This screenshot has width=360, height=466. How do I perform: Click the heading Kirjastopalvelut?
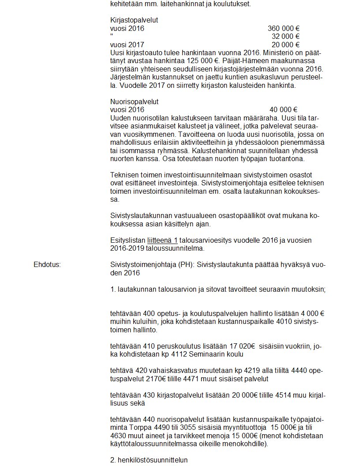pyautogui.click(x=134, y=20)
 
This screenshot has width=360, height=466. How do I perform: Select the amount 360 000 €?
pyautogui.click(x=284, y=29)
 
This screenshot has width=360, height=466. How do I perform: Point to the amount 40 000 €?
pyautogui.click(x=284, y=109)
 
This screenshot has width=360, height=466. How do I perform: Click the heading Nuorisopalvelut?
pyautogui.click(x=134, y=101)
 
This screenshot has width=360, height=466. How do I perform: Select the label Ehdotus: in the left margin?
pyautogui.click(x=47, y=265)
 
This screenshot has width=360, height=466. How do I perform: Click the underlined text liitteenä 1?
pyautogui.click(x=161, y=240)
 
